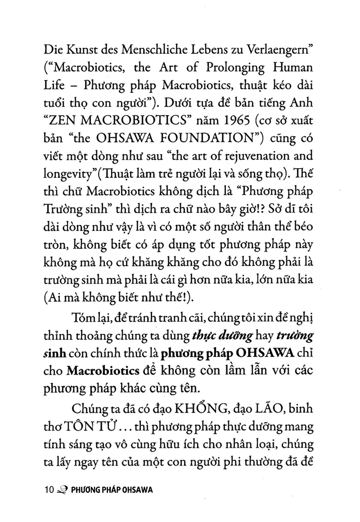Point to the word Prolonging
[x=235, y=68]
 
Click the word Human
[x=292, y=67]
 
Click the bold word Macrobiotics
[x=103, y=371]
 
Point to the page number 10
[x=49, y=490]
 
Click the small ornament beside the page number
[x=61, y=490]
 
